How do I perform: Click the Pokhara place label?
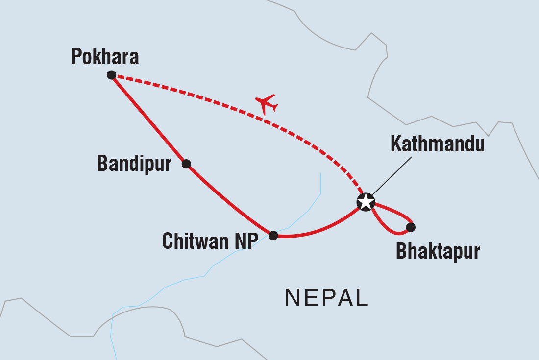pyautogui.click(x=105, y=57)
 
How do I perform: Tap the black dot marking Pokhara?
pyautogui.click(x=111, y=75)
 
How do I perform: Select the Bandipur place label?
pyautogui.click(x=134, y=164)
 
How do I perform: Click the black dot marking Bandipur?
pyautogui.click(x=186, y=164)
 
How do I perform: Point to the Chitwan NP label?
pyautogui.click(x=210, y=241)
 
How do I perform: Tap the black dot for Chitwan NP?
pyautogui.click(x=273, y=236)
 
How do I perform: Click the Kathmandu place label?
pyautogui.click(x=437, y=144)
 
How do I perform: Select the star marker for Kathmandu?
pyautogui.click(x=365, y=202)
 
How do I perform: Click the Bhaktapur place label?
pyautogui.click(x=438, y=251)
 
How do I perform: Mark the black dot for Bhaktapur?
pyautogui.click(x=411, y=227)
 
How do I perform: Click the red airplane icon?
pyautogui.click(x=266, y=104)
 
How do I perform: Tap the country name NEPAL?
pyautogui.click(x=326, y=298)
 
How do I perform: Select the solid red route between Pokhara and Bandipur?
pyautogui.click(x=148, y=119)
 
